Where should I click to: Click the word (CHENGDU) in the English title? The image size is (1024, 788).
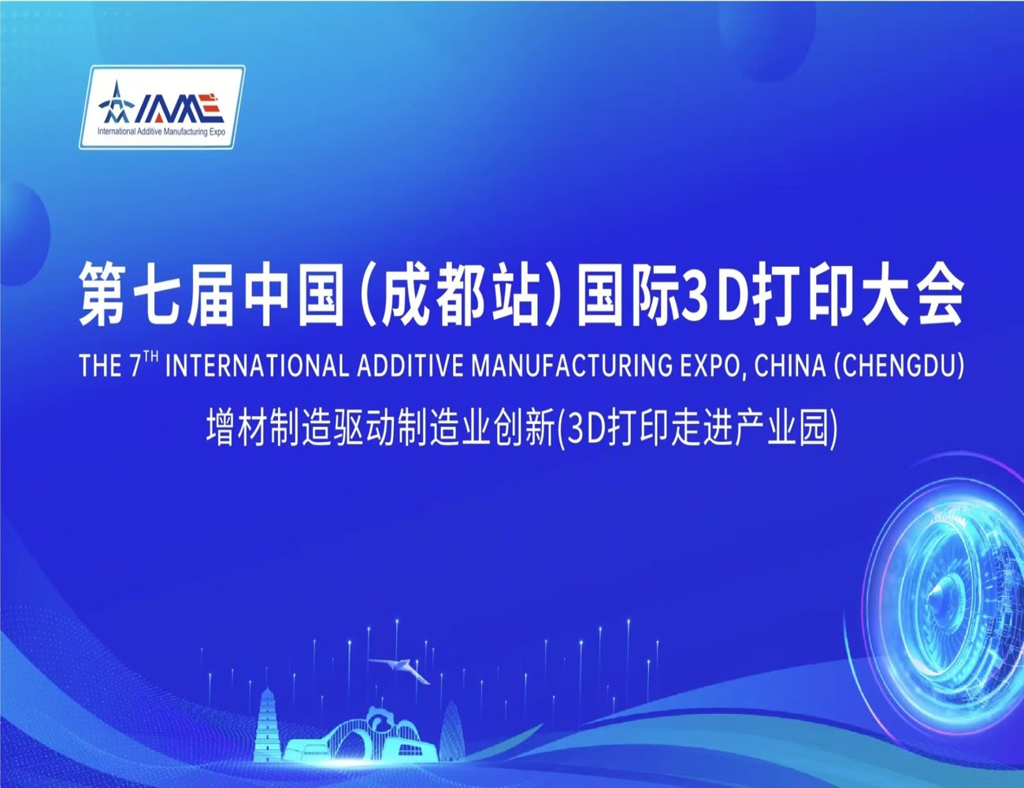pyautogui.click(x=899, y=366)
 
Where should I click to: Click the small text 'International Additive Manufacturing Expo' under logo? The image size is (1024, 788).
pyautogui.click(x=161, y=132)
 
